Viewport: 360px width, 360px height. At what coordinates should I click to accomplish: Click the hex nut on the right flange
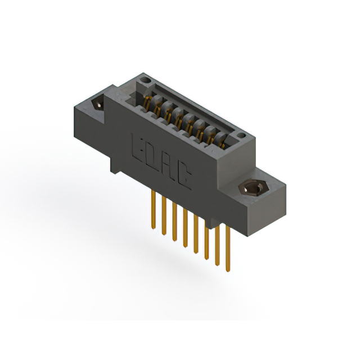pos(250,187)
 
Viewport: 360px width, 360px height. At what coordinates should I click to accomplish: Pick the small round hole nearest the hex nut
pos(241,135)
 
